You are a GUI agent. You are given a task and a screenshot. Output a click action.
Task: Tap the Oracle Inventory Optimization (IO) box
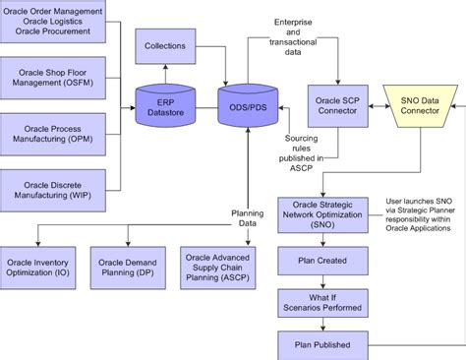point(38,269)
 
